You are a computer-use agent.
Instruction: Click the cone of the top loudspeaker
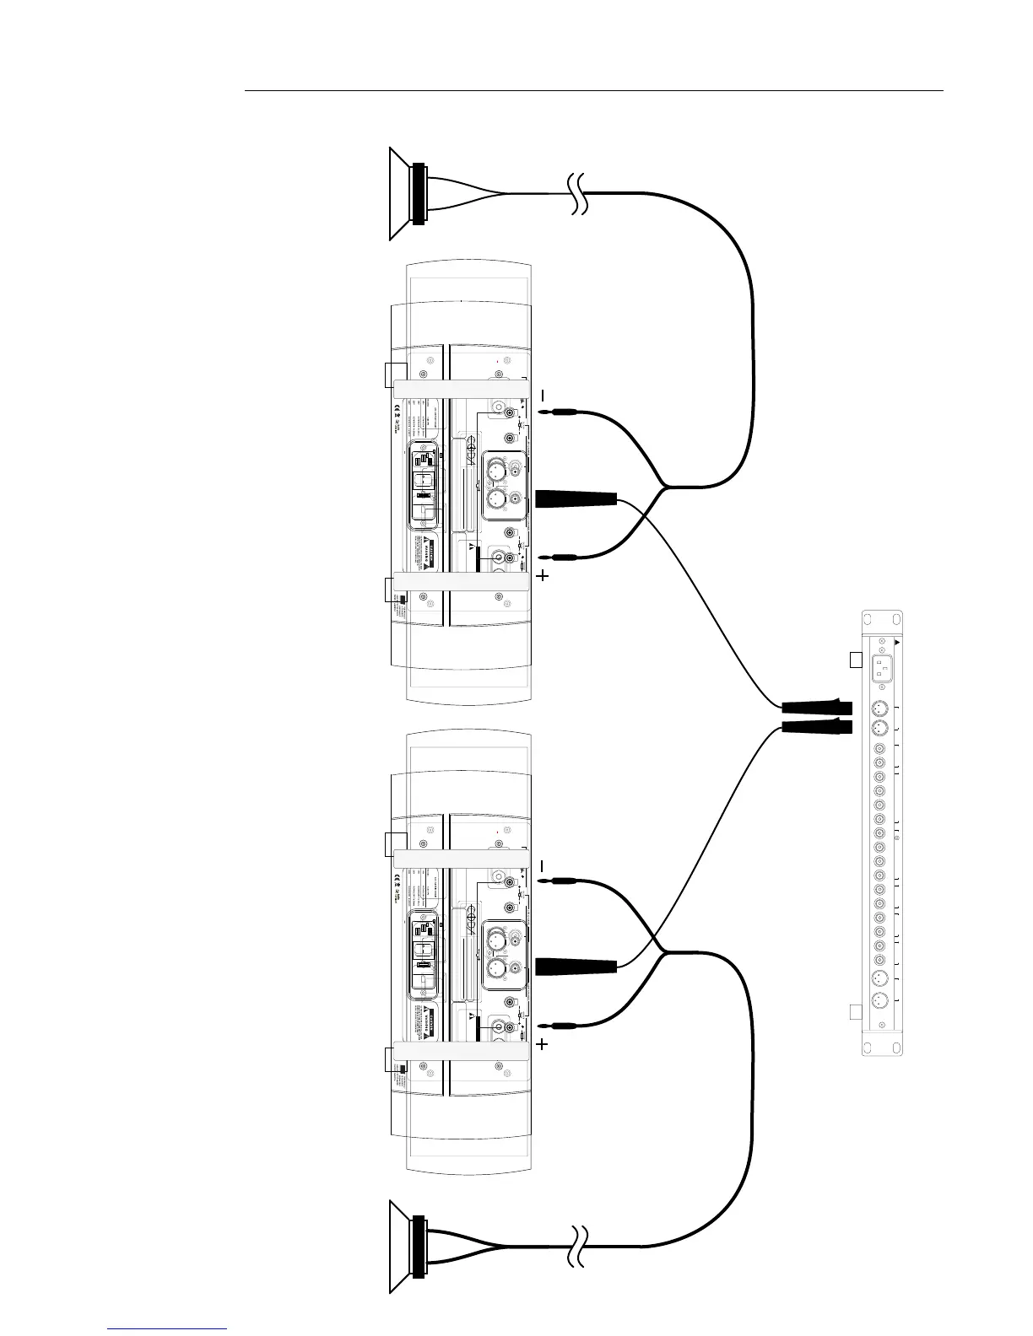pyautogui.click(x=400, y=194)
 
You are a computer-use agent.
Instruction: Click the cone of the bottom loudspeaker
pyautogui.click(x=400, y=1245)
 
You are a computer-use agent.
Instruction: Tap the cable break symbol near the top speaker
pyautogui.click(x=578, y=194)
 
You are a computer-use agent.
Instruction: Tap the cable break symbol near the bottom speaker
pyautogui.click(x=578, y=1245)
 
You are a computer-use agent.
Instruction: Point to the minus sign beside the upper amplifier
pyautogui.click(x=543, y=396)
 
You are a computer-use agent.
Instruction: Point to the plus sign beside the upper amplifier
pyautogui.click(x=542, y=577)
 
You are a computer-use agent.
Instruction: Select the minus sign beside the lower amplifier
pyautogui.click(x=543, y=866)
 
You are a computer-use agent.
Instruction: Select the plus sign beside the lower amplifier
pyautogui.click(x=542, y=1044)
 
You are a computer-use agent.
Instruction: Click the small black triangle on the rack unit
pyautogui.click(x=897, y=642)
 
